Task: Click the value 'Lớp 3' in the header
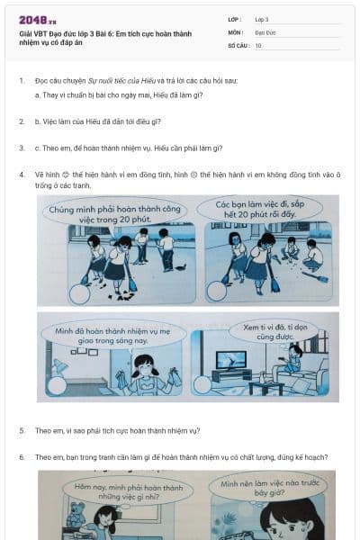263,19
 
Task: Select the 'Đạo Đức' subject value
265,31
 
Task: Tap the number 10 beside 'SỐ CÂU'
258,44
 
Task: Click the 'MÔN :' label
236,31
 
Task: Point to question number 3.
21,148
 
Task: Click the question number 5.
21,431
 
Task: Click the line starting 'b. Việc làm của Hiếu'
98,121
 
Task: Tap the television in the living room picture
229,360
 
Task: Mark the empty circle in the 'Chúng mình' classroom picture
79,293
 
